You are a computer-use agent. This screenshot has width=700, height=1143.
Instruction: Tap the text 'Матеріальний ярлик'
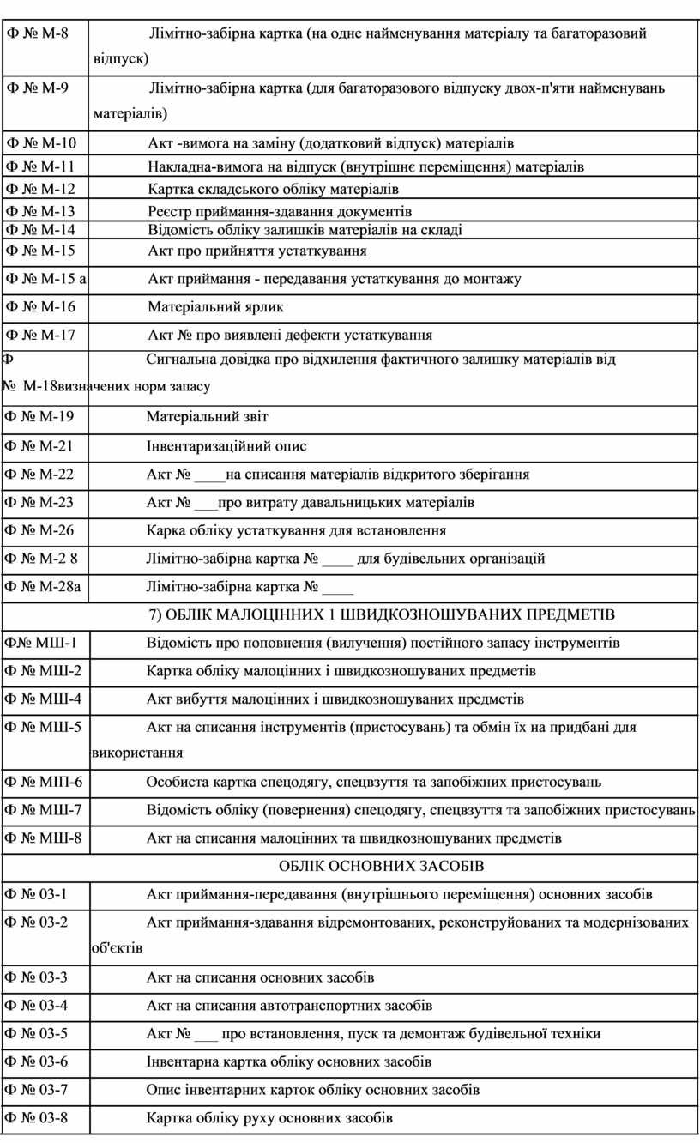[x=215, y=306]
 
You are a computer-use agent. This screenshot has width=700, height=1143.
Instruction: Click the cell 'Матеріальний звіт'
[x=207, y=417]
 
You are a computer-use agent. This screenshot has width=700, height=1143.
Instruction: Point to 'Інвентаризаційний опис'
[x=226, y=446]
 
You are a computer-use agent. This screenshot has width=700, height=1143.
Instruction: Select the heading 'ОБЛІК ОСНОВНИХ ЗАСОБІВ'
[x=382, y=867]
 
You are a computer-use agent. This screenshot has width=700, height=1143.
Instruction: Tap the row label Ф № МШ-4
[x=44, y=698]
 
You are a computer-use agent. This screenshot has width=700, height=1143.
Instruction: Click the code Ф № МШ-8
[x=44, y=838]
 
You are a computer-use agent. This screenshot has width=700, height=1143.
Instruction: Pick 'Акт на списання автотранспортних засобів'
[x=289, y=1005]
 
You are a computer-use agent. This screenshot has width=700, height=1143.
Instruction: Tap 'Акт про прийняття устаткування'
[x=257, y=251]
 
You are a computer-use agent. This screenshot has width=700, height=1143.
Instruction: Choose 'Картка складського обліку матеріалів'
[x=273, y=189]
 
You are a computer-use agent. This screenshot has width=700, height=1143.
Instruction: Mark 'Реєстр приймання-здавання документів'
[x=280, y=211]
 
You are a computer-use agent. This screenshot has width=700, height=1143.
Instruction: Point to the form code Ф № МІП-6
[x=44, y=782]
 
